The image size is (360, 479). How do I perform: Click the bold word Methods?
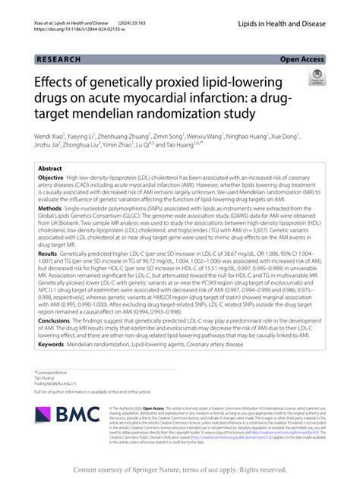point(49,206)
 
